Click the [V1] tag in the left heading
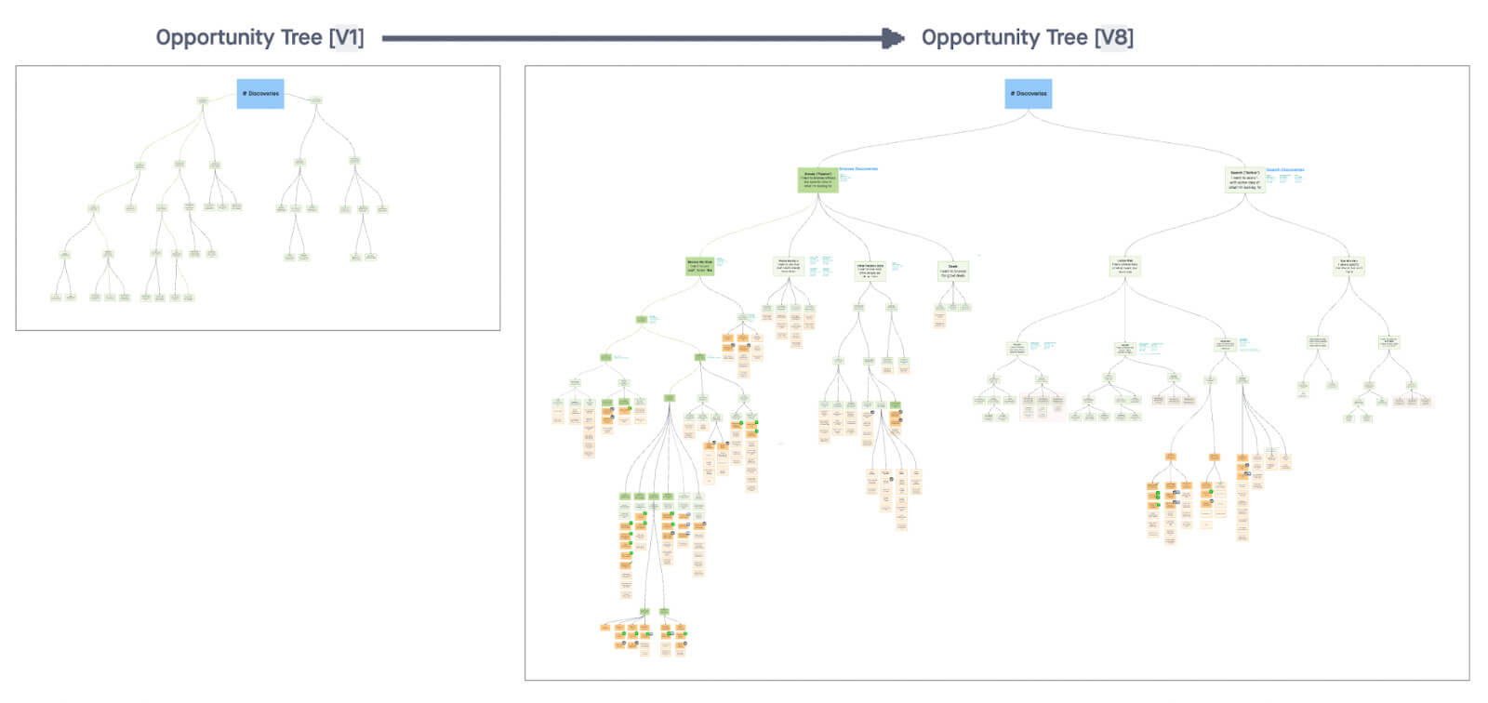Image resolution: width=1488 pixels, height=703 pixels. tap(346, 38)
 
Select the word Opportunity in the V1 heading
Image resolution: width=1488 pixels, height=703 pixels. tap(214, 38)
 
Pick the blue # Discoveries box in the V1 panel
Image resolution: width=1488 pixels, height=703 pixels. tap(260, 94)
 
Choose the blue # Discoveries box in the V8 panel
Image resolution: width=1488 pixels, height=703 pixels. tap(1029, 94)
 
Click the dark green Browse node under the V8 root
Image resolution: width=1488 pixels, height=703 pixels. tap(817, 180)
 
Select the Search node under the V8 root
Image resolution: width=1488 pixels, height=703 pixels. tap(1244, 180)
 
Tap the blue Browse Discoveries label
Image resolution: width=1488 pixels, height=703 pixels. tap(858, 169)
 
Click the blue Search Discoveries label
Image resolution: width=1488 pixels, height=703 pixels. tap(1285, 170)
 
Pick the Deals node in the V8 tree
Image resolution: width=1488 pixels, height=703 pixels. tap(953, 271)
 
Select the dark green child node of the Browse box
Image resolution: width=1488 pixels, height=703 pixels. tap(699, 266)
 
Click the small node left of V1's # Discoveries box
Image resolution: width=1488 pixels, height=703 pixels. tap(203, 100)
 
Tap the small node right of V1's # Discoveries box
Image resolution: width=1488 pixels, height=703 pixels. tap(316, 100)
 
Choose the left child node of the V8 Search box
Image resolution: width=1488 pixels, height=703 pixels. tap(1124, 266)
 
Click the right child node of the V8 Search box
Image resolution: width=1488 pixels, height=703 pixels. tap(1348, 266)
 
